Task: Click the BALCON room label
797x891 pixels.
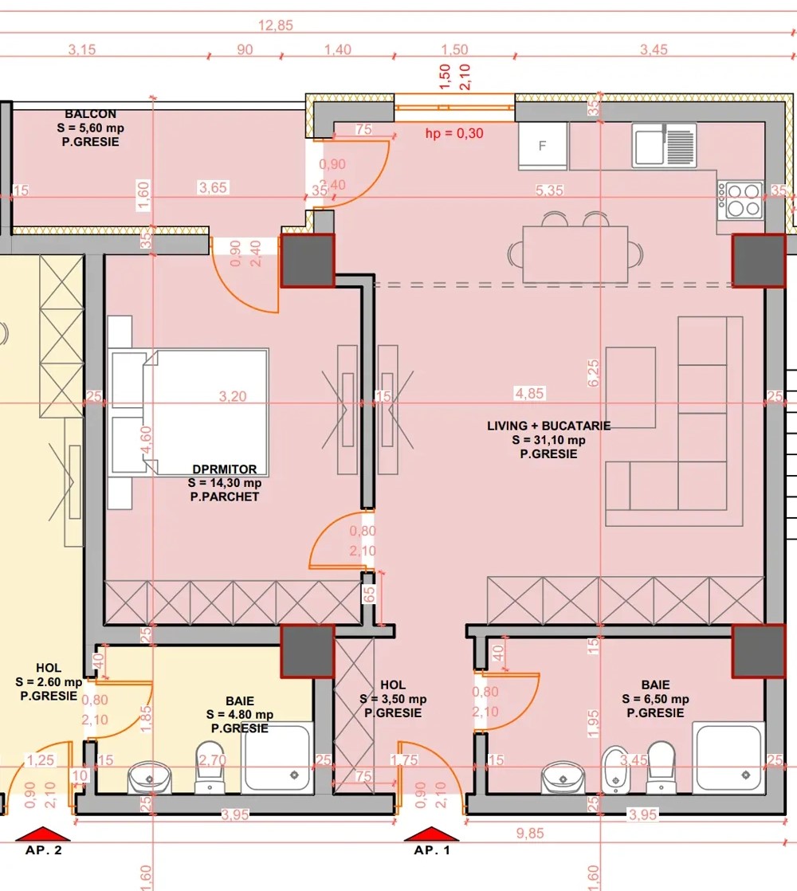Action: (90, 114)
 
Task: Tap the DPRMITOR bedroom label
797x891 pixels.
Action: (225, 469)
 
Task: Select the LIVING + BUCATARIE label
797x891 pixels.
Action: (549, 426)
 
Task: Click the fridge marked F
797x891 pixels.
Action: (543, 146)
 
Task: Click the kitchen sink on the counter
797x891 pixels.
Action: (664, 146)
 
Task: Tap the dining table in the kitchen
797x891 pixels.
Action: (575, 254)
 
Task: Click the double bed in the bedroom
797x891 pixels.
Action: (190, 412)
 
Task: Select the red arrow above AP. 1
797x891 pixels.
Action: (431, 834)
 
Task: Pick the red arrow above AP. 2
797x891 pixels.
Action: (42, 834)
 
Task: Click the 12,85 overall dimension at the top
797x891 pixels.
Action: (276, 26)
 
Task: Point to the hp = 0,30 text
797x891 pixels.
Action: (454, 134)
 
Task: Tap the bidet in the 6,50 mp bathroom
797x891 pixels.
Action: (615, 769)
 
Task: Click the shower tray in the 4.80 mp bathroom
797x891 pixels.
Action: (277, 757)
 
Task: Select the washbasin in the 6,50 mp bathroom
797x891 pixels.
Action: (563, 777)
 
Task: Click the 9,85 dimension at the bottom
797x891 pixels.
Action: (530, 833)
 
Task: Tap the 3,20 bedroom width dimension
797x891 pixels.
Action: (233, 396)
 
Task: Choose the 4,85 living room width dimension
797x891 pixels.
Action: (529, 393)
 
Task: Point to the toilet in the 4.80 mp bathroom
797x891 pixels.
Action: (210, 767)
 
